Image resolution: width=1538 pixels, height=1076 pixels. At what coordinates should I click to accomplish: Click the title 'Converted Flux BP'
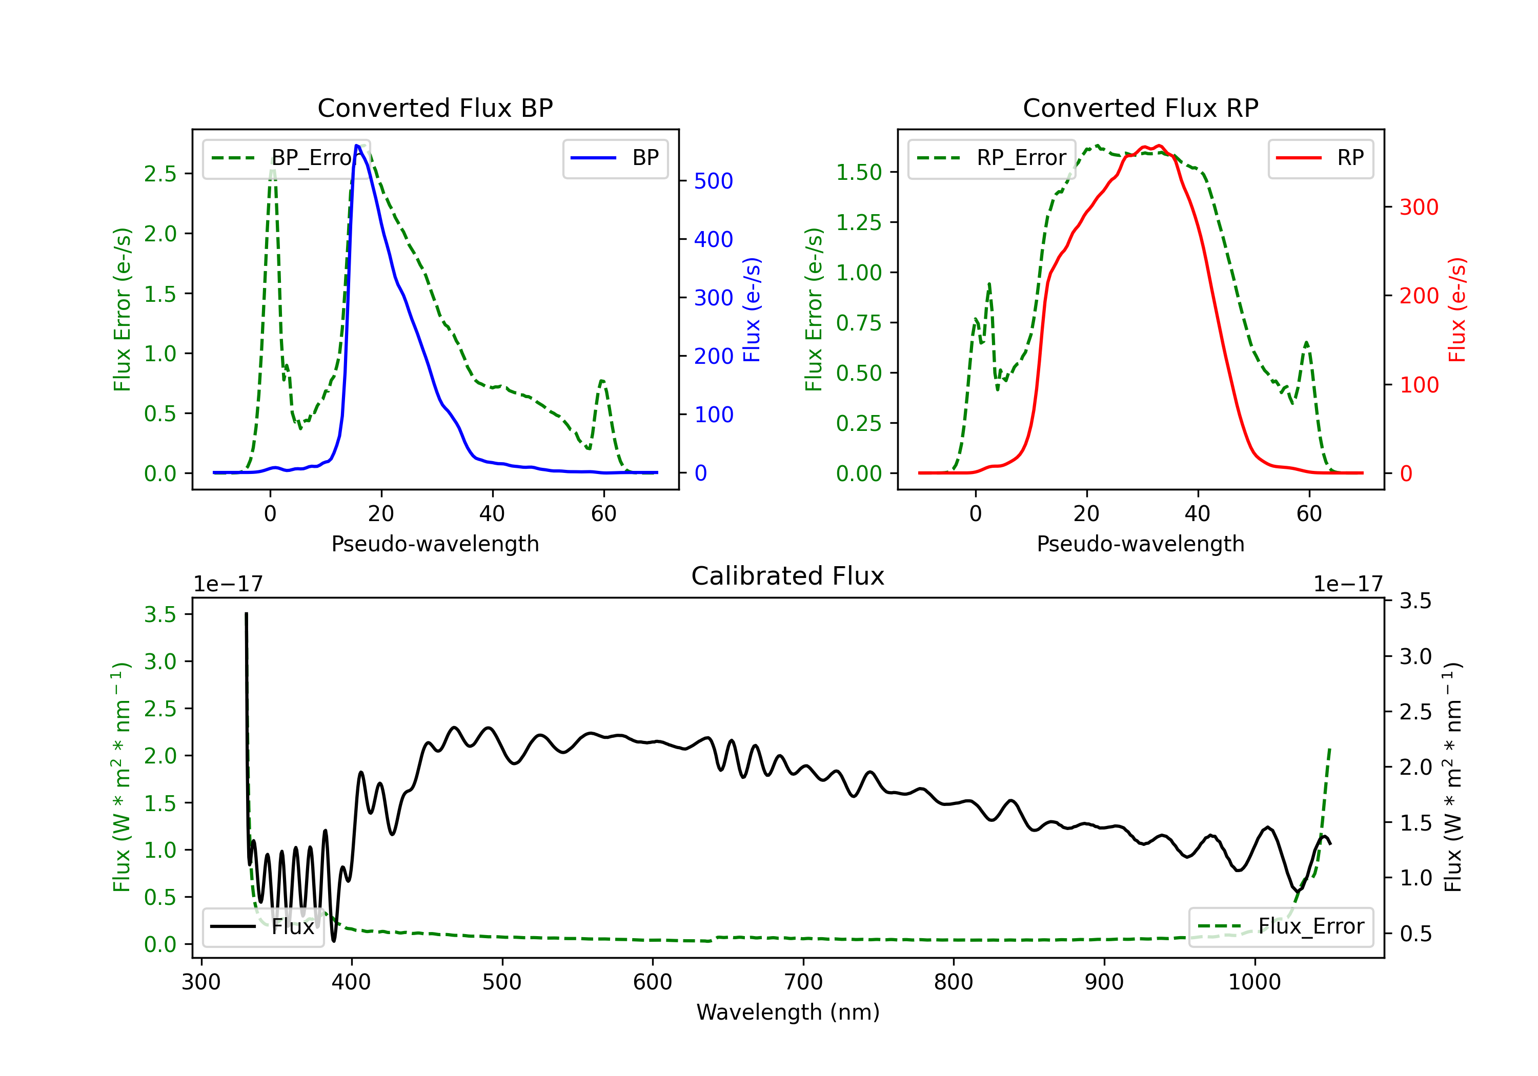click(x=435, y=108)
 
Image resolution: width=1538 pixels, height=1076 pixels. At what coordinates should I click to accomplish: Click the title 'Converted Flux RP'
click(x=1140, y=108)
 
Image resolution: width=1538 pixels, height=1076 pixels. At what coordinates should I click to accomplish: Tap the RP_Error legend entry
click(x=991, y=158)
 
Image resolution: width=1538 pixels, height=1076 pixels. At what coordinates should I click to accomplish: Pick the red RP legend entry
click(x=1320, y=158)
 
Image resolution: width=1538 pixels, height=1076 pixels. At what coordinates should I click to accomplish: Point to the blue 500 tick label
click(x=714, y=181)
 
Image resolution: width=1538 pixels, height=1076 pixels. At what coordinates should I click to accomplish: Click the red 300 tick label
click(x=1419, y=207)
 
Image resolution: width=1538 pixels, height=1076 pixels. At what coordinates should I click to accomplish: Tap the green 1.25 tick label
click(x=859, y=222)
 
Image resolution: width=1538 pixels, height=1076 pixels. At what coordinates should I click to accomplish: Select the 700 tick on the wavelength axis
click(x=803, y=982)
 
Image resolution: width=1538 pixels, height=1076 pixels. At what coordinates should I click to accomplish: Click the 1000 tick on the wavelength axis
click(x=1254, y=982)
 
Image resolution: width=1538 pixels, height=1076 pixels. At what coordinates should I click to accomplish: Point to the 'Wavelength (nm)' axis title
click(x=788, y=1012)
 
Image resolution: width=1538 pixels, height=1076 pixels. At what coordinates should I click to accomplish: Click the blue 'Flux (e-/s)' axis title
click(x=752, y=309)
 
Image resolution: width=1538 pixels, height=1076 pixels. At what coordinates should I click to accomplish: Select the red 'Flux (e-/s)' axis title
click(x=1458, y=309)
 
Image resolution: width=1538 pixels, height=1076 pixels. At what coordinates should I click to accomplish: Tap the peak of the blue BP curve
click(x=357, y=146)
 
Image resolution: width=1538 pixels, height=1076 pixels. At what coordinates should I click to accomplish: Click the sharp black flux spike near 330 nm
click(x=246, y=615)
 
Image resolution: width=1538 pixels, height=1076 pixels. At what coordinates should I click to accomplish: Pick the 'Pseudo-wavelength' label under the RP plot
click(x=1140, y=544)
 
